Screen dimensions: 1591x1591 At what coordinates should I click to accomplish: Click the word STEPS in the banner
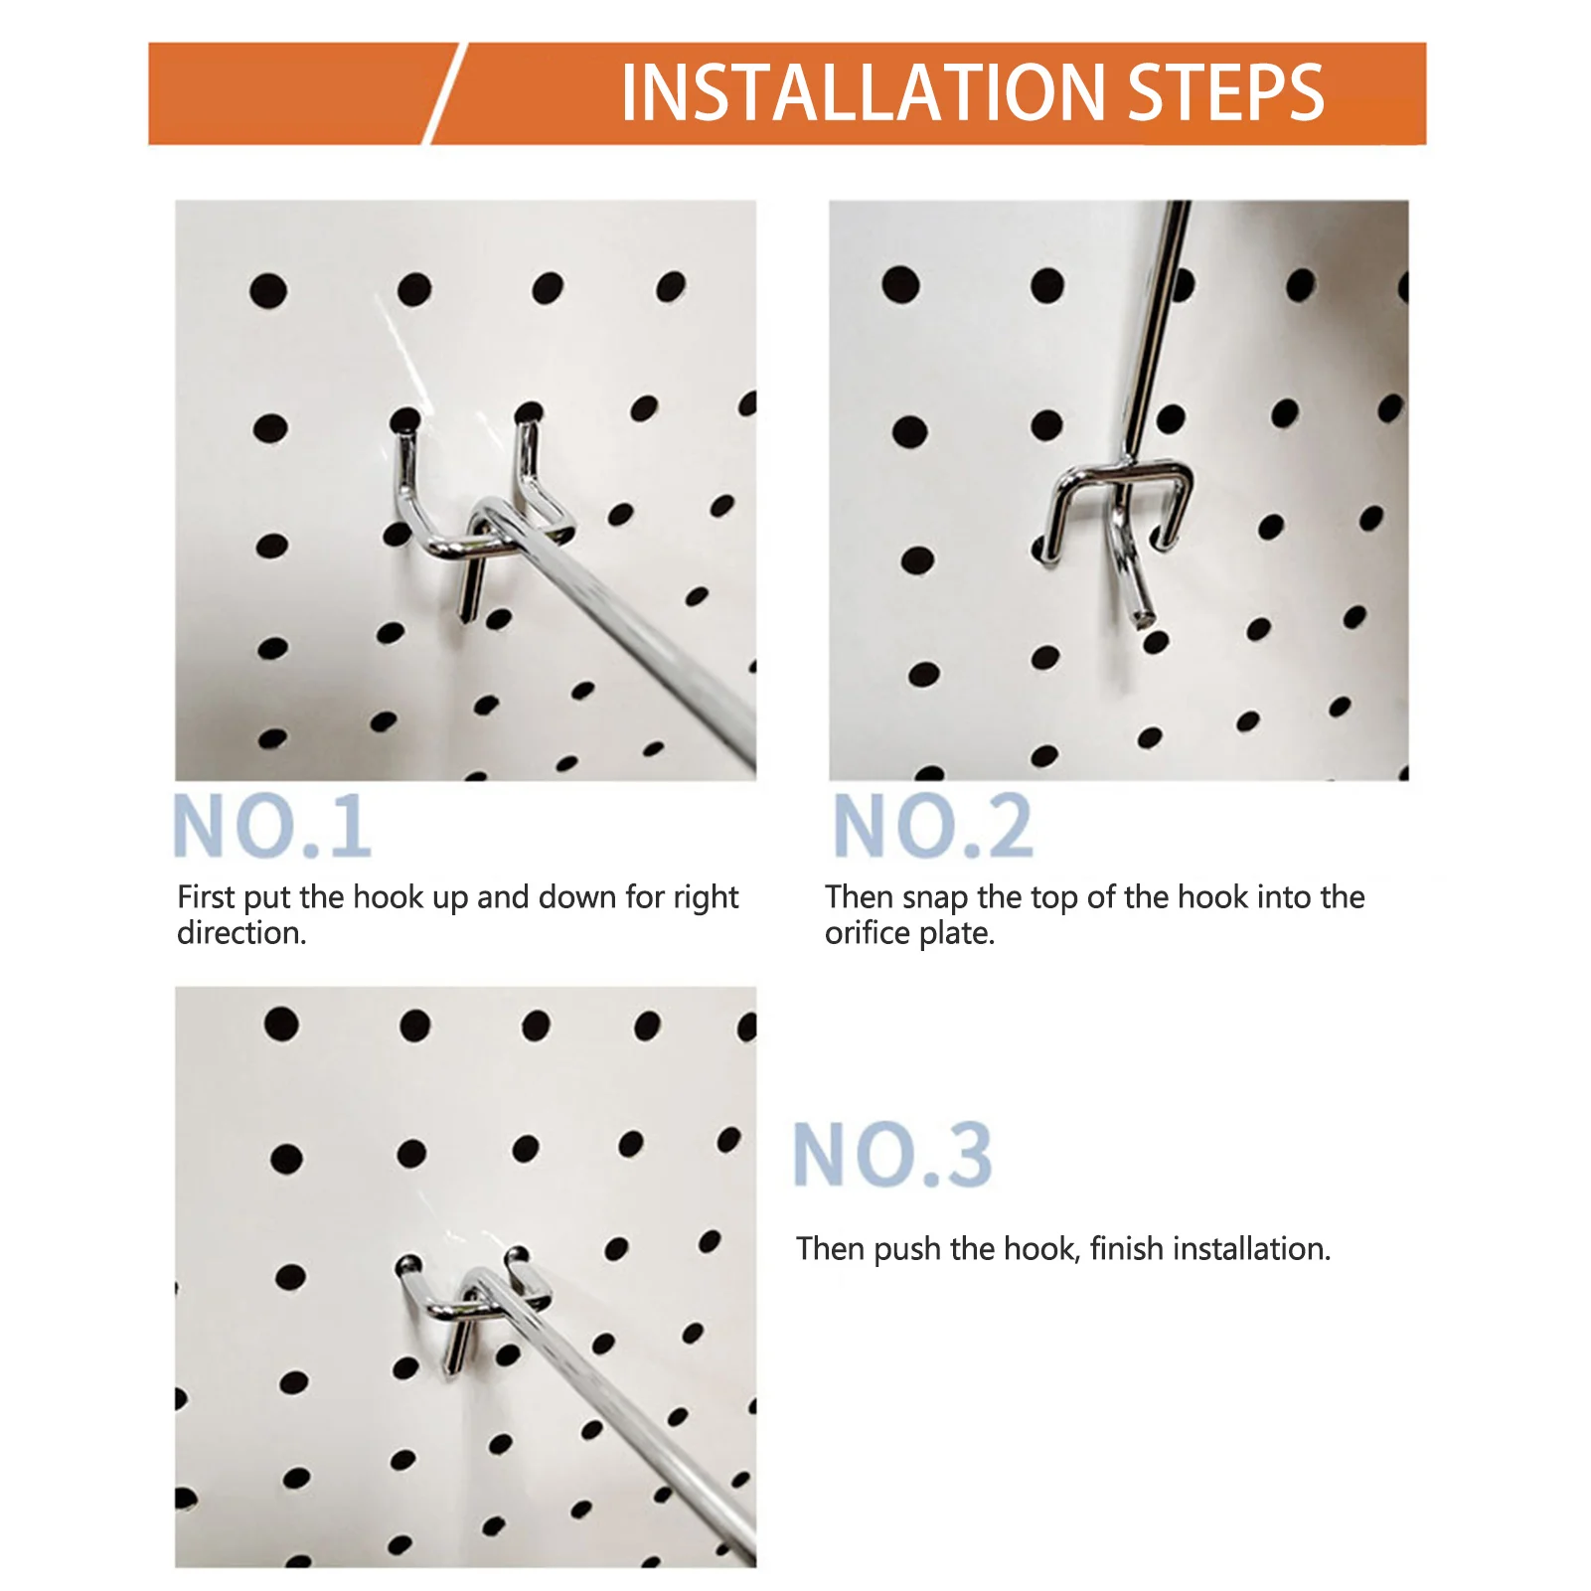coord(1226,92)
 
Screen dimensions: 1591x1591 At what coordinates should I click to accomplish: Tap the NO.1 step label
coord(272,826)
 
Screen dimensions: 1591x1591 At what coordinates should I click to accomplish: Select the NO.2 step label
coord(933,826)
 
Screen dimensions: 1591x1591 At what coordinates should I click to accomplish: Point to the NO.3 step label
coord(892,1154)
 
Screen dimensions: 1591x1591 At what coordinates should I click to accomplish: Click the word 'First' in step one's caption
coord(206,896)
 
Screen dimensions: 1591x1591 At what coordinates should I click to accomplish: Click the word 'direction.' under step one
coord(241,933)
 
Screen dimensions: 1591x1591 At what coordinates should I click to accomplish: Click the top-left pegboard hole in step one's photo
coord(268,291)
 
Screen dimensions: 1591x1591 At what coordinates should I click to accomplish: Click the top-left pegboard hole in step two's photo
coord(900,284)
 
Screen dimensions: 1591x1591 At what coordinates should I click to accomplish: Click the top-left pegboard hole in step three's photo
coord(281,1024)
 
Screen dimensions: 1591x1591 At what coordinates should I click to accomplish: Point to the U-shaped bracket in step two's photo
coord(1118,474)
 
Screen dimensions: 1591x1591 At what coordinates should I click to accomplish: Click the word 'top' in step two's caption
coord(1054,898)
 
